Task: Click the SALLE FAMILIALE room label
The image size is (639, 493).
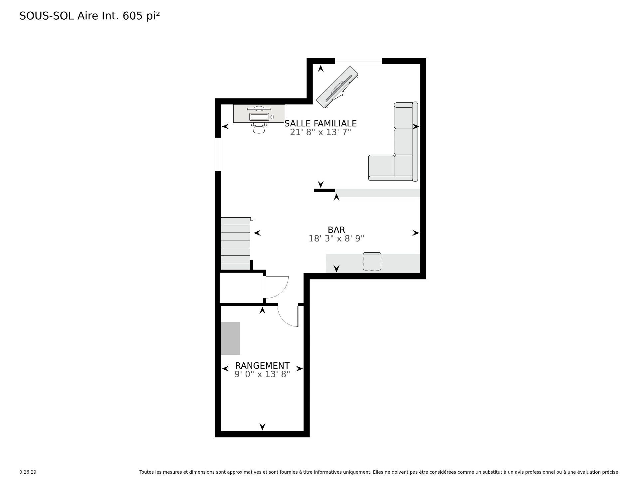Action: tap(320, 123)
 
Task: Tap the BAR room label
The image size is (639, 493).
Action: tap(336, 230)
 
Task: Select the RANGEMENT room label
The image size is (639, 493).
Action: tap(262, 366)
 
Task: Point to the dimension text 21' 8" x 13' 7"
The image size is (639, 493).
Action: tap(320, 132)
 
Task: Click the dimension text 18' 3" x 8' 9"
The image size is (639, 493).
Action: tap(336, 239)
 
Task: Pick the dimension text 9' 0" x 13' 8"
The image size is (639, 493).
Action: tap(262, 374)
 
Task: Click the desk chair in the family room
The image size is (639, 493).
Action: tap(259, 128)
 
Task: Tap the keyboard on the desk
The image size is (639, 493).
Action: tap(259, 117)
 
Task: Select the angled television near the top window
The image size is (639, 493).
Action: tap(337, 87)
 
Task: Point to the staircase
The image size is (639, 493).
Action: tap(236, 244)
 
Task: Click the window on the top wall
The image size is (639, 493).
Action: tap(358, 61)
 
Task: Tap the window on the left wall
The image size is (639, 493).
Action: tap(218, 154)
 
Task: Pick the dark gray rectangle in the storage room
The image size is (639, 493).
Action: tap(231, 338)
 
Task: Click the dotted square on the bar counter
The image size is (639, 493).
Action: tap(372, 262)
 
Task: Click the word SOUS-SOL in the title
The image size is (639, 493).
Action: tap(47, 16)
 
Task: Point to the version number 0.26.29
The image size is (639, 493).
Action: tap(28, 472)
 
